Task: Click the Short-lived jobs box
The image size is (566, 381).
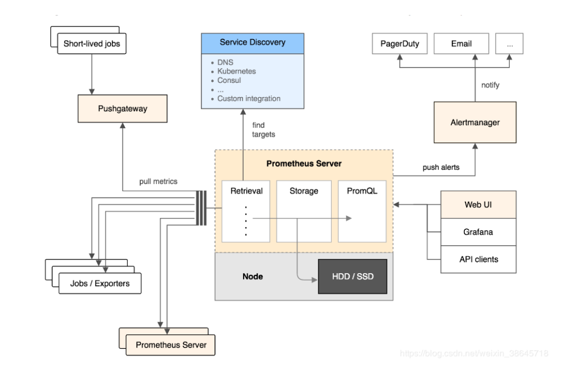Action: click(x=91, y=44)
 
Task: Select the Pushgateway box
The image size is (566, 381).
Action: click(x=122, y=108)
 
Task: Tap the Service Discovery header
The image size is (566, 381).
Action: click(x=253, y=43)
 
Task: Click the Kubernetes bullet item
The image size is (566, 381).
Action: click(x=236, y=72)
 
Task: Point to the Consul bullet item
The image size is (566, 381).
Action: click(x=229, y=81)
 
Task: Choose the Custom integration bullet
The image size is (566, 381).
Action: click(x=249, y=99)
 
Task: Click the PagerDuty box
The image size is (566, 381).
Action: click(x=400, y=44)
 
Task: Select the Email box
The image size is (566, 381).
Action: click(x=461, y=44)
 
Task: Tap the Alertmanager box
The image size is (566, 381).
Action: click(x=475, y=122)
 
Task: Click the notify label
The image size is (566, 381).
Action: click(x=490, y=85)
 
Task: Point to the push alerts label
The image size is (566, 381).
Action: click(x=441, y=168)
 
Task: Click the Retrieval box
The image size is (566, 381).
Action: click(x=246, y=211)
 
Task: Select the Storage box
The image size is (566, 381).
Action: click(x=304, y=211)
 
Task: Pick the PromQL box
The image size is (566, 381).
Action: click(x=362, y=211)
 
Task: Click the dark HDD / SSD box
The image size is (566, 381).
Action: click(x=352, y=277)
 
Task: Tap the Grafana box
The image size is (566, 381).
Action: click(x=478, y=232)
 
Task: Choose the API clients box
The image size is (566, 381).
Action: click(x=478, y=259)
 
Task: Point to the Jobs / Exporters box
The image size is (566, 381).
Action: click(x=99, y=283)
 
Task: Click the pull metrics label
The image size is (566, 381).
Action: click(x=158, y=182)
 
